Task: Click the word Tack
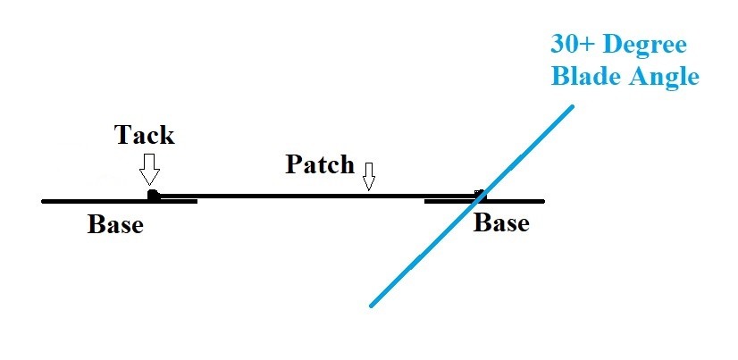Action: tap(144, 135)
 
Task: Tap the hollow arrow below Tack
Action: tap(149, 167)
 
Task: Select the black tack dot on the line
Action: tap(153, 195)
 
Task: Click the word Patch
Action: tap(320, 165)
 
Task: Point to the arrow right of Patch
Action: tap(368, 176)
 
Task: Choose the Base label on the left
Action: tap(115, 224)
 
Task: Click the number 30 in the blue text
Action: tap(565, 46)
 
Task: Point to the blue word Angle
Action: tap(661, 79)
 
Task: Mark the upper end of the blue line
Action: tap(572, 106)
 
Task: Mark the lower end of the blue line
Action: tap(371, 306)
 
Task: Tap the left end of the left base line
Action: tap(43, 201)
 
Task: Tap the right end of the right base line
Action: tap(543, 201)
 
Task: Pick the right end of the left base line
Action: tap(196, 201)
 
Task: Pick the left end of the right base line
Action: tap(425, 201)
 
